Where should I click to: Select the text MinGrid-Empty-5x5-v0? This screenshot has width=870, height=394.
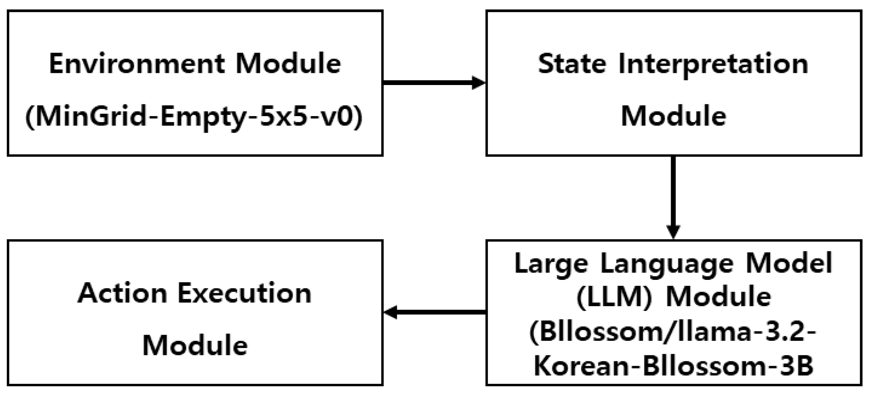pyautogui.click(x=194, y=117)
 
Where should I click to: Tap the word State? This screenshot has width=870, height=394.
pyautogui.click(x=572, y=64)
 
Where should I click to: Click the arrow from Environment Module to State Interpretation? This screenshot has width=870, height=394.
pyautogui.click(x=433, y=83)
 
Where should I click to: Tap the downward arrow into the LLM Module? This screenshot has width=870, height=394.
pyautogui.click(x=673, y=197)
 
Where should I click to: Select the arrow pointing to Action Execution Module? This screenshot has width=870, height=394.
pyautogui.click(x=433, y=313)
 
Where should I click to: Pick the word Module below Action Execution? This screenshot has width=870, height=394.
pyautogui.click(x=195, y=346)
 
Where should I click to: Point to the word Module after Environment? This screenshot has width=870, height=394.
pyautogui.click(x=288, y=64)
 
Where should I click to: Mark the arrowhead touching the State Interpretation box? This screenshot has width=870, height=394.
pyautogui.click(x=478, y=83)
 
